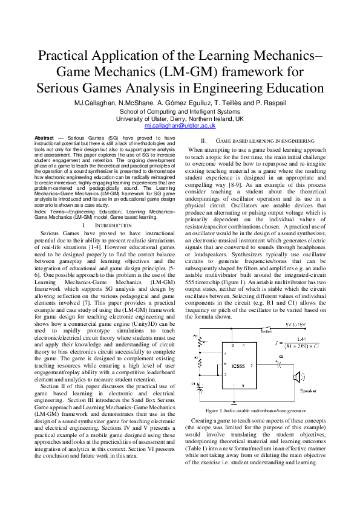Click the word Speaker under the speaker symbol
309,392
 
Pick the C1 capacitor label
194,384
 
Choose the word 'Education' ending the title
292,88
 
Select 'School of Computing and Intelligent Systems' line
180,112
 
